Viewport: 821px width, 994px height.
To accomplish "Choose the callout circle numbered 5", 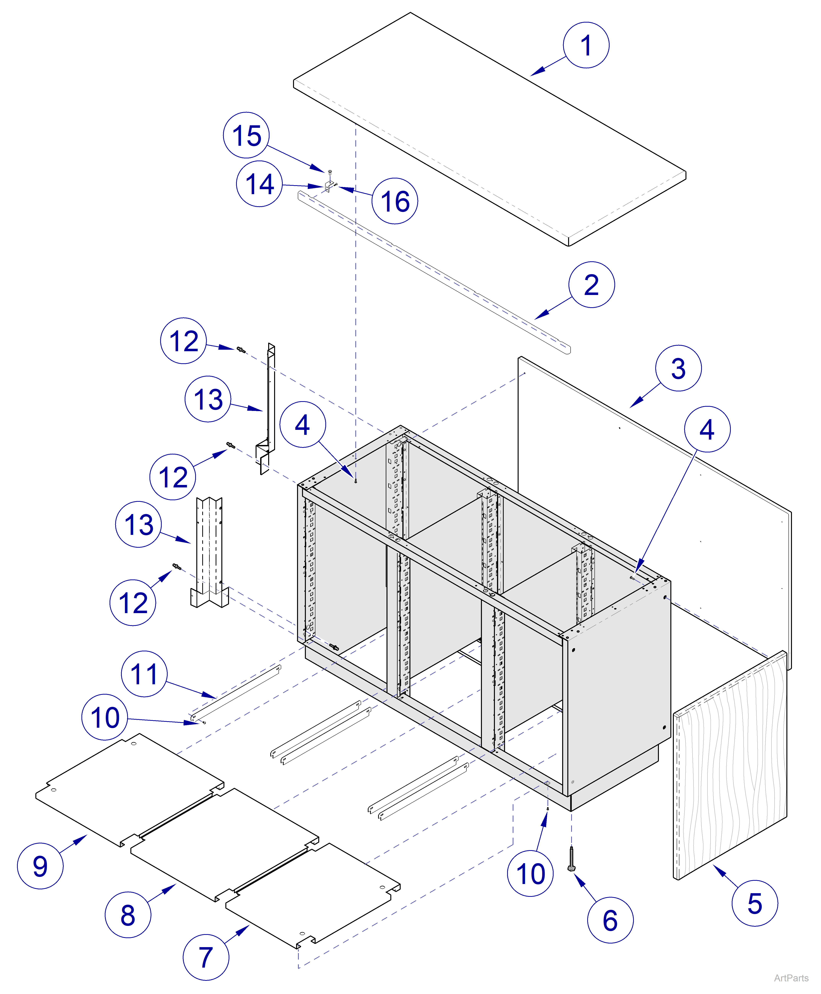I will [754, 904].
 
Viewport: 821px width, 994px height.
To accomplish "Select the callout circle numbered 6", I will [610, 920].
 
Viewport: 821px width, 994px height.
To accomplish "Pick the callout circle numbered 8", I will [128, 915].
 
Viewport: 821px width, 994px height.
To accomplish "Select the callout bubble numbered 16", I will [395, 201].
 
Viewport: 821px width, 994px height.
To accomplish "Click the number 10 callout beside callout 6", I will [530, 873].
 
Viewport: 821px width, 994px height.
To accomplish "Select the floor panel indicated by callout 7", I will [312, 896].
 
